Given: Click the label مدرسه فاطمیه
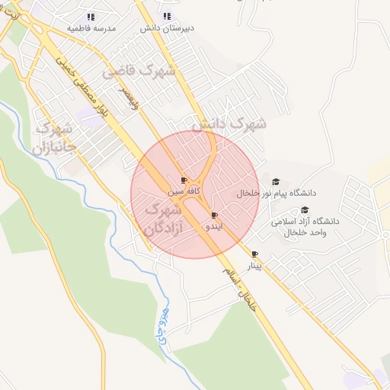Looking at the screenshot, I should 91,28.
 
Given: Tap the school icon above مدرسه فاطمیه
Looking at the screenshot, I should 91,17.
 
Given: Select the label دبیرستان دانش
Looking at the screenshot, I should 168,27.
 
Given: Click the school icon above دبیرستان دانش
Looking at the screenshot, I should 168,16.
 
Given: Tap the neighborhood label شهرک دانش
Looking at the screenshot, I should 229,123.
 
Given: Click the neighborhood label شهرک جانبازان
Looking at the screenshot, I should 53,136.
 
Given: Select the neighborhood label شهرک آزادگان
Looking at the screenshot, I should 161,217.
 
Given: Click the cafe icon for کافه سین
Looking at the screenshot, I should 184,181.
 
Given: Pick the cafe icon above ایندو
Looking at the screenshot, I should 214,216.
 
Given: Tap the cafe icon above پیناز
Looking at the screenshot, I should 254,254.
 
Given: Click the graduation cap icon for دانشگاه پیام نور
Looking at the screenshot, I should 275,182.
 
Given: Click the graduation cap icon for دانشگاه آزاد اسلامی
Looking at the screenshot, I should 305,209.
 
